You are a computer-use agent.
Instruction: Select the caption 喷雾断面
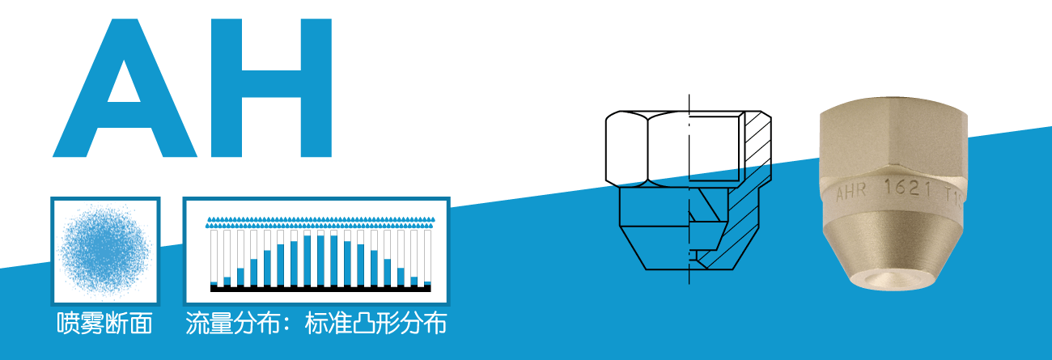(x=105, y=324)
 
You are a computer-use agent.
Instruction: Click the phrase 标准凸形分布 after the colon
(x=375, y=324)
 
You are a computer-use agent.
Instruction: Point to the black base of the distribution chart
(x=320, y=287)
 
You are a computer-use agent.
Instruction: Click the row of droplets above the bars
(x=320, y=219)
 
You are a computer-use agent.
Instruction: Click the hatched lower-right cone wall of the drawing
(x=732, y=235)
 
